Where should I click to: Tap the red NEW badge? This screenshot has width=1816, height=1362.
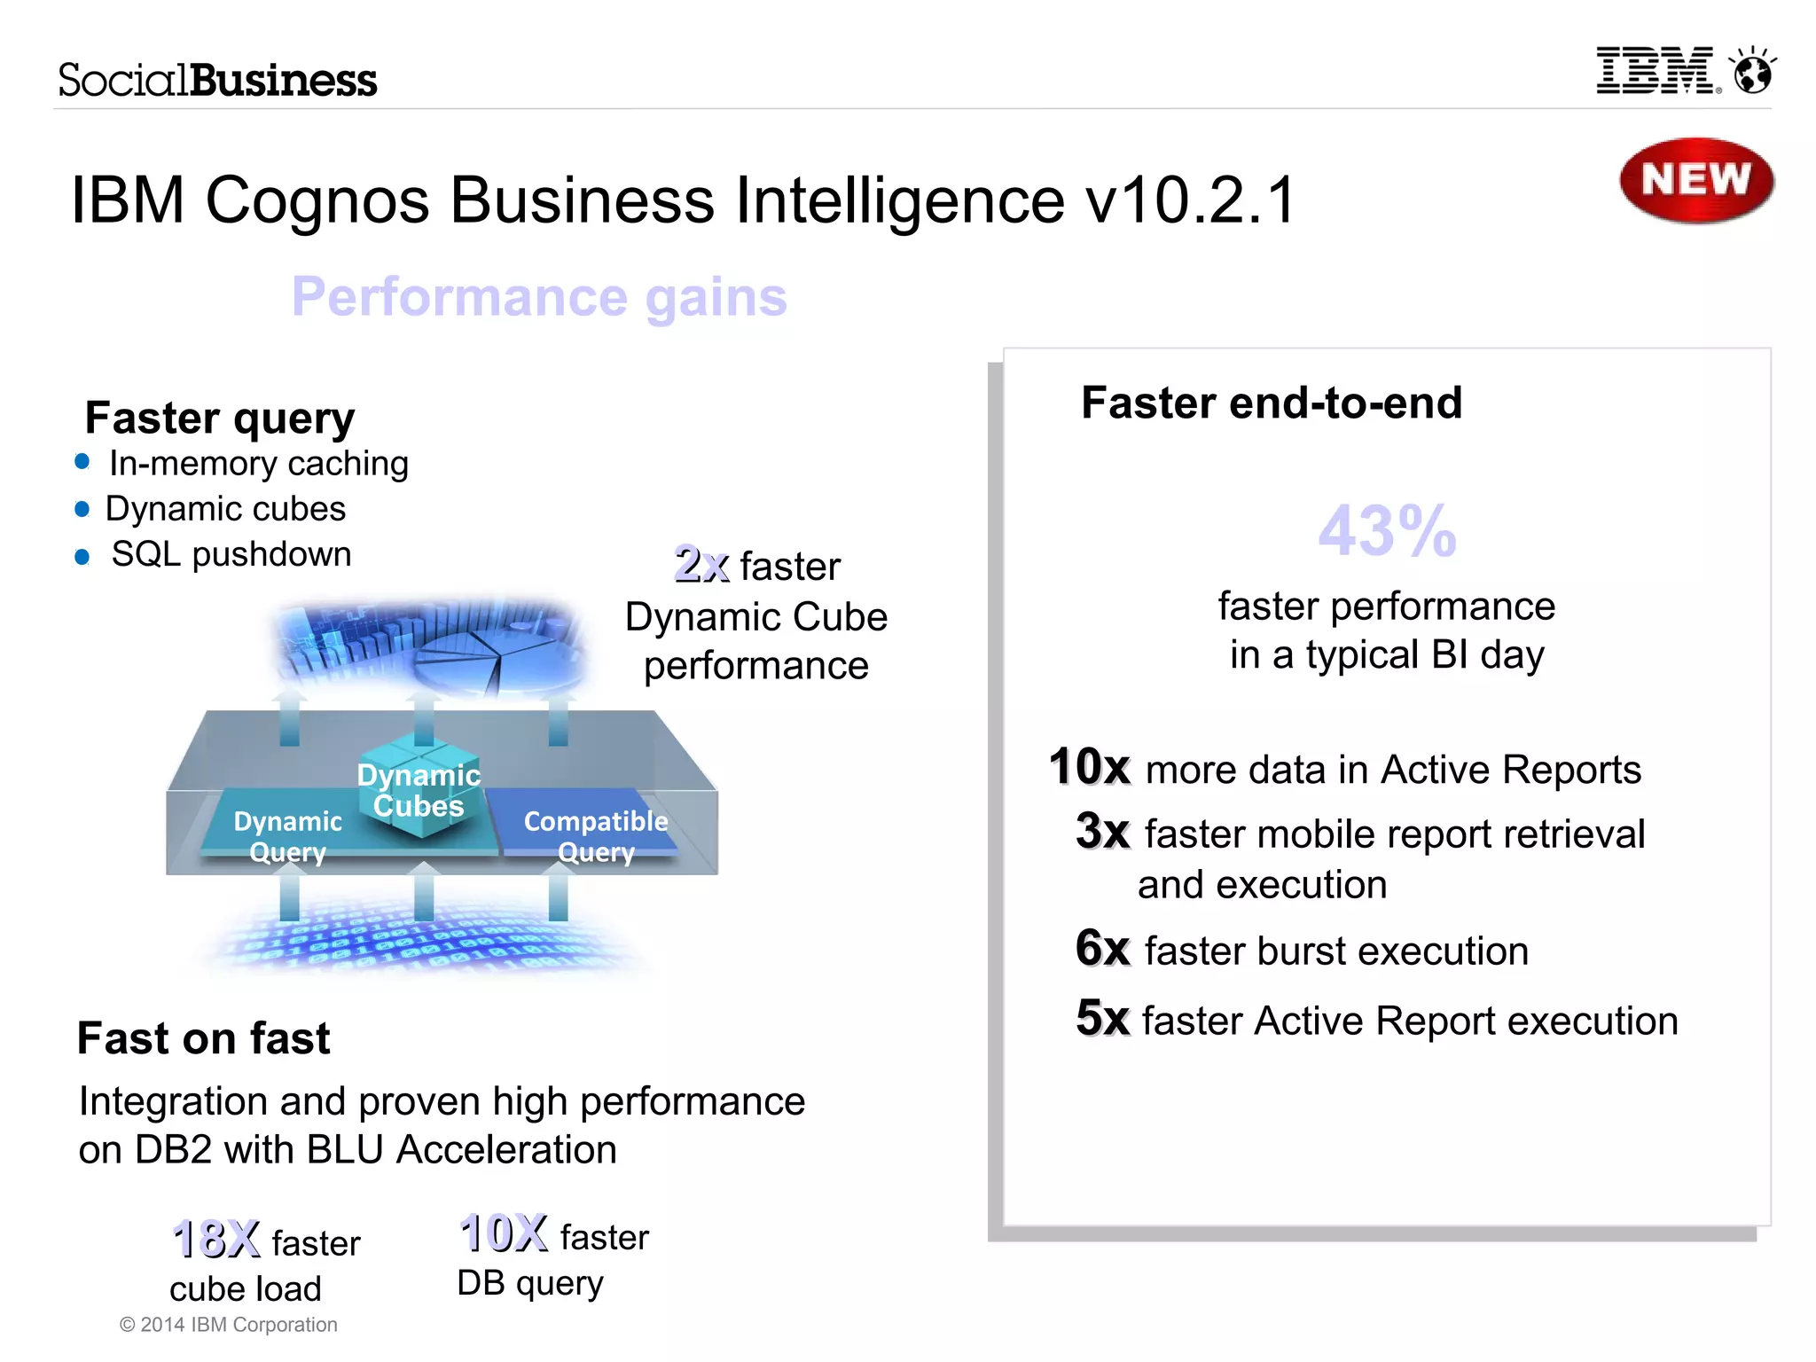click(x=1695, y=180)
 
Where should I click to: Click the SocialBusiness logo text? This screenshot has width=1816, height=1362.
click(x=217, y=80)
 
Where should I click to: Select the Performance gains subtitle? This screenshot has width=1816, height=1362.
click(x=539, y=296)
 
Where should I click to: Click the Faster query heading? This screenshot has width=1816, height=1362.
click(x=220, y=417)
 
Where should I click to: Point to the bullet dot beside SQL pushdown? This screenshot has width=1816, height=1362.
click(x=82, y=557)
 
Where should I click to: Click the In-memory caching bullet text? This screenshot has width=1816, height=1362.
click(x=258, y=463)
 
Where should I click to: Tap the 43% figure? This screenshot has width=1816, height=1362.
click(x=1387, y=530)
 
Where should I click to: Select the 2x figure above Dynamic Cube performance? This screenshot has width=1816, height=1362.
click(x=701, y=564)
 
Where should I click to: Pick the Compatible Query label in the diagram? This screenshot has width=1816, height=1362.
click(x=596, y=835)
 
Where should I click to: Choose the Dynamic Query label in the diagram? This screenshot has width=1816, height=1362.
click(x=287, y=835)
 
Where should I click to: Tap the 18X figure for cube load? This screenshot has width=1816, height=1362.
click(x=216, y=1239)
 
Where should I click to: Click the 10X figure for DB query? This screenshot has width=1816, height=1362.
click(x=504, y=1233)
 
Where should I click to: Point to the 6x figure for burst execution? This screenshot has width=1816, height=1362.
click(x=1102, y=948)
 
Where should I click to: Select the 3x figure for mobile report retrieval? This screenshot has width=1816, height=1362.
click(x=1102, y=831)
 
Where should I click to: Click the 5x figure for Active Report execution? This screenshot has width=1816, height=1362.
click(x=1102, y=1018)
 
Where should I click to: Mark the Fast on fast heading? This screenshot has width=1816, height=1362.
click(x=203, y=1037)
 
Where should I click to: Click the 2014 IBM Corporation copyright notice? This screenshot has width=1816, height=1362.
click(x=229, y=1324)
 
